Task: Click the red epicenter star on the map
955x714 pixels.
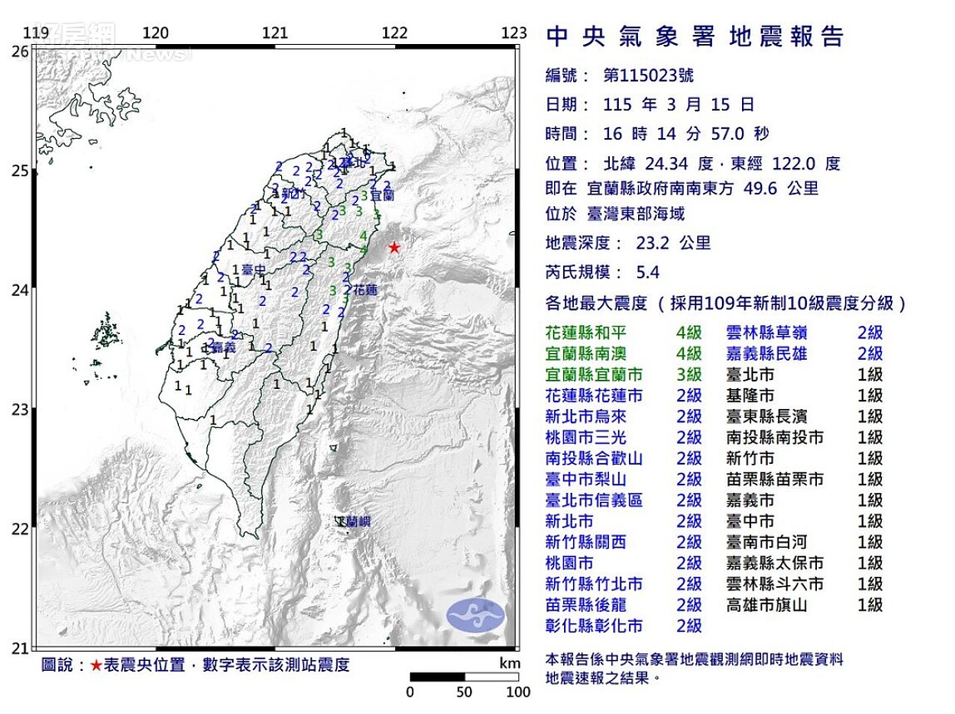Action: coord(394,248)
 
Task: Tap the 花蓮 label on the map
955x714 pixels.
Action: coord(366,291)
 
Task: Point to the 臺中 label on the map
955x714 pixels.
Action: coord(254,269)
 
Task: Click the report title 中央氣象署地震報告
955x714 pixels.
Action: coord(695,37)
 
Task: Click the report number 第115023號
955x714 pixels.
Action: coord(648,76)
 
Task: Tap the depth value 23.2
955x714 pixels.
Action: coord(654,243)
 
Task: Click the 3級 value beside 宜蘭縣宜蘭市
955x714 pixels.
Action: coord(689,375)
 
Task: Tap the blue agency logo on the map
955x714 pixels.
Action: coord(475,615)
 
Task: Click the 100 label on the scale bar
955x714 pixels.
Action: coord(518,692)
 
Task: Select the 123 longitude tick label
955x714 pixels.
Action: coord(514,33)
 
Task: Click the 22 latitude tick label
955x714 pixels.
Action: coord(19,529)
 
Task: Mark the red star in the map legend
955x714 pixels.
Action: coord(97,665)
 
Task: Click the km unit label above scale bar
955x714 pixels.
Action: coord(509,663)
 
